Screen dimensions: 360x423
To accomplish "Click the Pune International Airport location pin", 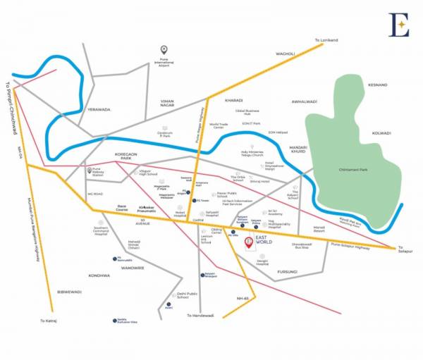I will (164, 49).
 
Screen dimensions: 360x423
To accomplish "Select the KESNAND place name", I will (378, 85).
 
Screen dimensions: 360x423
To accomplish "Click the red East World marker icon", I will (248, 243).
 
